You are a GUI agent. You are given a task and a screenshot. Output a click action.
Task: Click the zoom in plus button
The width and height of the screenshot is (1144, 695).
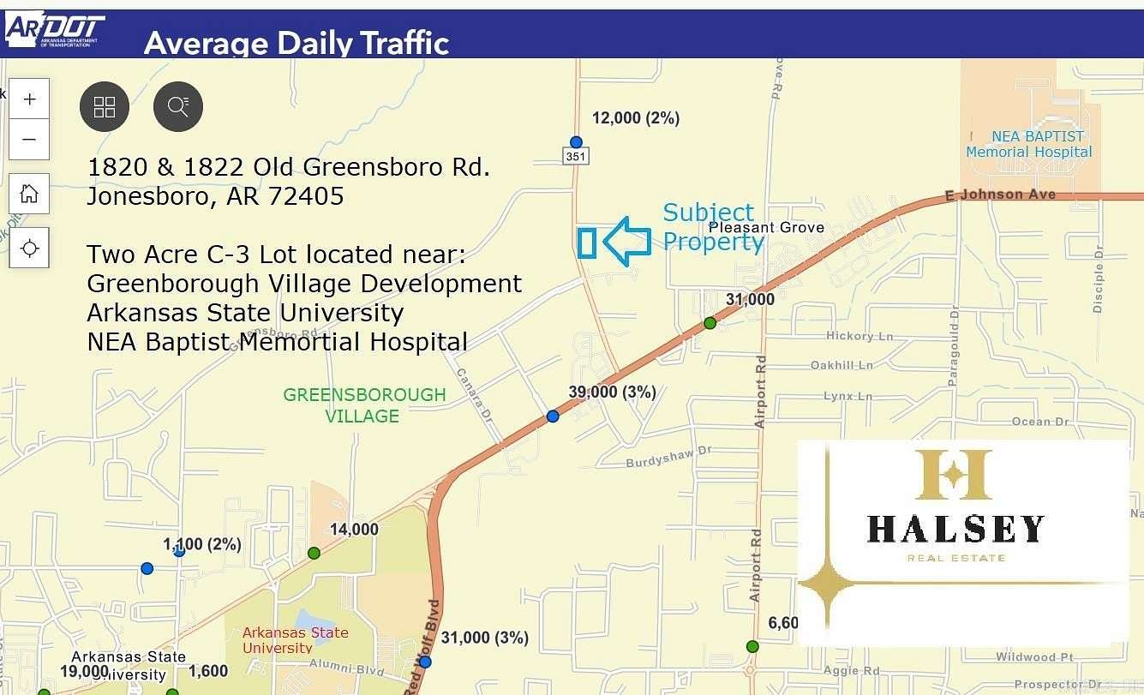[29, 99]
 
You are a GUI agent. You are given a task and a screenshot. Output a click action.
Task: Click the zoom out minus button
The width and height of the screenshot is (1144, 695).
[29, 140]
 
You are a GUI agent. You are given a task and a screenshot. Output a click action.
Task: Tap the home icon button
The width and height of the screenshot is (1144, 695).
[29, 194]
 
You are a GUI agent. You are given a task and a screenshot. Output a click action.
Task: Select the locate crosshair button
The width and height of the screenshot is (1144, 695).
[29, 249]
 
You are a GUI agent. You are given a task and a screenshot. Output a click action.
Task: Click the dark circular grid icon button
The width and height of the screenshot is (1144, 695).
[105, 107]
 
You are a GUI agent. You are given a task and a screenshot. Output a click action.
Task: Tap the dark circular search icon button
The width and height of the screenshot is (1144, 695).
[178, 107]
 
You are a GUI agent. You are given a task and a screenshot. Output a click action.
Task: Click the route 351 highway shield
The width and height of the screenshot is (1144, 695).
[576, 156]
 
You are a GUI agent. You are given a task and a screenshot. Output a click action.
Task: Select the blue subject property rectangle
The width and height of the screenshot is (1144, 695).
[587, 243]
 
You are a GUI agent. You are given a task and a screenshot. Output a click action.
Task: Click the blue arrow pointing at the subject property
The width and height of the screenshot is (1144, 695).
[627, 241]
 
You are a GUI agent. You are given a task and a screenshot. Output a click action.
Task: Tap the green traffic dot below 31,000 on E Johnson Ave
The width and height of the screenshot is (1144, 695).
[710, 323]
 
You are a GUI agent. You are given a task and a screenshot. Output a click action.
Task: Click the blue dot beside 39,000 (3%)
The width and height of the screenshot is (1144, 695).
[553, 416]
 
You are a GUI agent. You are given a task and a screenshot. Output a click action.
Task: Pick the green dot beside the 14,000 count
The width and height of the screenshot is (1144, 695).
[314, 554]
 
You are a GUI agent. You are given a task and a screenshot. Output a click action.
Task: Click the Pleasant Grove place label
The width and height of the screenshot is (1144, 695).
[766, 227]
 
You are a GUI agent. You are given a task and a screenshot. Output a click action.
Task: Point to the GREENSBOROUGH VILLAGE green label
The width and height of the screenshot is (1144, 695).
[364, 405]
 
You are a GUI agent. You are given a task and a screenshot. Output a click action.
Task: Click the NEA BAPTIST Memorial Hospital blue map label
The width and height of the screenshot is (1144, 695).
[1028, 144]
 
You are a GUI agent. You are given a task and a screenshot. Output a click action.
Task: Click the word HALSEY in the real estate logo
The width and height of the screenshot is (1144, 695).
[955, 529]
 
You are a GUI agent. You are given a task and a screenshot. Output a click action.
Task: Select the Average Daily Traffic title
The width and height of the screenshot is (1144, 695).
[296, 43]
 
